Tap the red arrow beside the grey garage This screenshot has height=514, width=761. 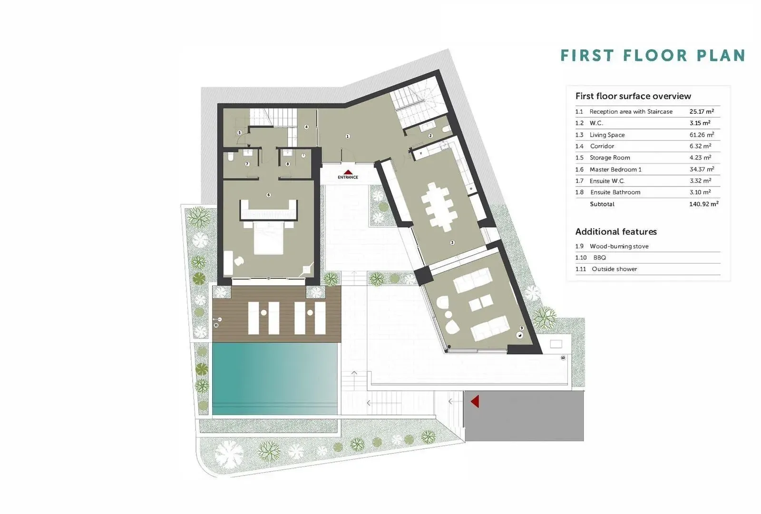(x=475, y=401)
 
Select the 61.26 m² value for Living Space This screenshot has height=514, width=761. (x=702, y=135)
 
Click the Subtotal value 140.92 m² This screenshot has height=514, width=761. (x=703, y=204)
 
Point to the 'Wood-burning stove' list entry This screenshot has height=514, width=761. (x=619, y=246)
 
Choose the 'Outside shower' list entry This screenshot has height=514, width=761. (x=614, y=269)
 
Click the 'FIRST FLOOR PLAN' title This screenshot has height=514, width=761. (x=653, y=55)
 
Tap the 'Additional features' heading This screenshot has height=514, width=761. (x=616, y=232)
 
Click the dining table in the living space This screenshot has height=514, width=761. (x=438, y=207)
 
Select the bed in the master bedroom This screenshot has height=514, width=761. (x=268, y=237)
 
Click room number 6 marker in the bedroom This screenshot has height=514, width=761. (x=269, y=195)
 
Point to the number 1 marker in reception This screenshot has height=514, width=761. (x=347, y=136)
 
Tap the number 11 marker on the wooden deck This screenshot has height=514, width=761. (x=216, y=326)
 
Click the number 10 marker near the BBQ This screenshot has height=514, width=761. (x=563, y=357)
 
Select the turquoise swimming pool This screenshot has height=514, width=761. (x=275, y=378)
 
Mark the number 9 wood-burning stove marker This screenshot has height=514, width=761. (x=521, y=328)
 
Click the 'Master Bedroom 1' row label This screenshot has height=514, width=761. (x=615, y=169)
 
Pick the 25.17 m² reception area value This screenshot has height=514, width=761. (x=702, y=111)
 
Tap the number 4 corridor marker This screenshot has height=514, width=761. (x=306, y=127)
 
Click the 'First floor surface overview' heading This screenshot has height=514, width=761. (x=633, y=96)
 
